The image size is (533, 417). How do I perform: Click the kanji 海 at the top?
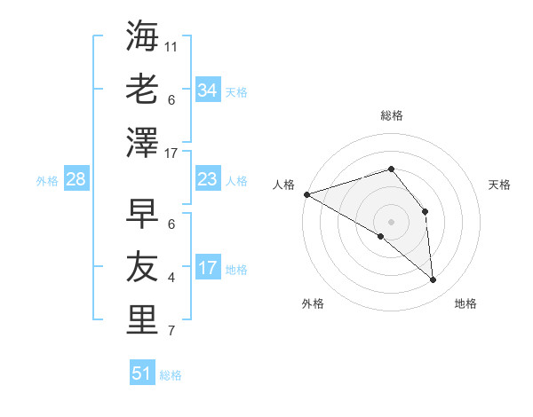(142, 37)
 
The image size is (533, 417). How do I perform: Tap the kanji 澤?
(142, 142)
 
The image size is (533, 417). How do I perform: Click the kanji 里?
(142, 319)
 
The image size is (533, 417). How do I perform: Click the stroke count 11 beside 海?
(171, 47)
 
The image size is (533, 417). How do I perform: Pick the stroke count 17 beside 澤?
(171, 153)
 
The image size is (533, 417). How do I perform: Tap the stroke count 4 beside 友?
(171, 278)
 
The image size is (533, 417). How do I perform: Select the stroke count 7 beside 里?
(171, 332)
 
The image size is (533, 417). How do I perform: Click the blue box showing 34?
(208, 90)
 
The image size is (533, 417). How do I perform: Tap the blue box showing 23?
(208, 179)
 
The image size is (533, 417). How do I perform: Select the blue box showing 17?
(208, 268)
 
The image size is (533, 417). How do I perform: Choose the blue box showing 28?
(76, 179)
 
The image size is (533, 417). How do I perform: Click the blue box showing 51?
(142, 374)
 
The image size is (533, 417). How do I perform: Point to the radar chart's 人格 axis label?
(284, 185)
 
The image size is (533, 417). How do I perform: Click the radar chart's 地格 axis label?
(465, 303)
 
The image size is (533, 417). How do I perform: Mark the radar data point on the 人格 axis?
(306, 194)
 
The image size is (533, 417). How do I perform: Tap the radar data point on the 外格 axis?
(381, 236)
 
